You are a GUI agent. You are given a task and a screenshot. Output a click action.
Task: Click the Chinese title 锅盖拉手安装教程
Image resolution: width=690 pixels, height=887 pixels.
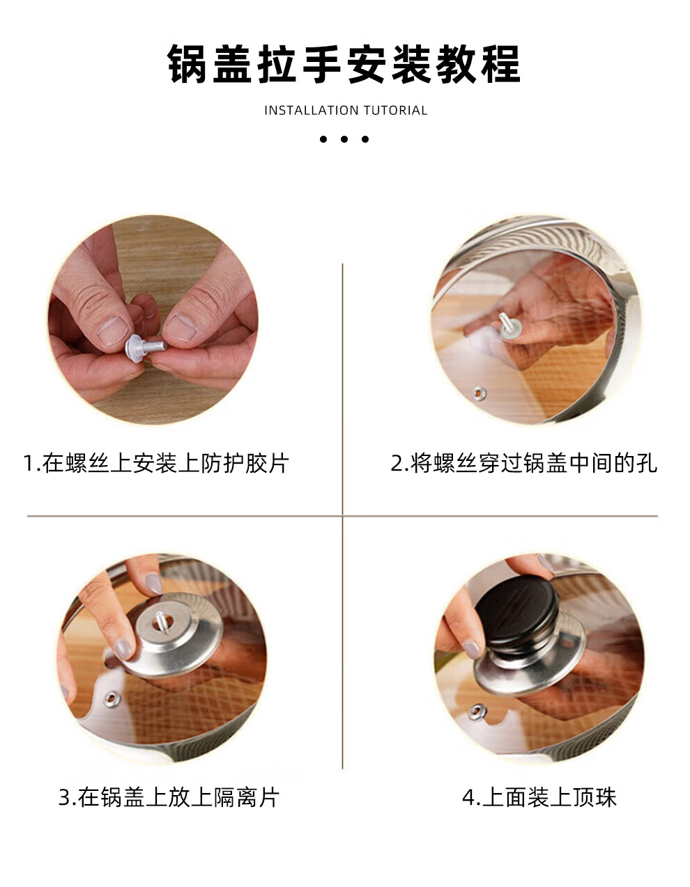pos(344,65)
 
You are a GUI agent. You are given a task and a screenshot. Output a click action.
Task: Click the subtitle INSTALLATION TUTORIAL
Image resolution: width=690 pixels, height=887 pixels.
pos(346,111)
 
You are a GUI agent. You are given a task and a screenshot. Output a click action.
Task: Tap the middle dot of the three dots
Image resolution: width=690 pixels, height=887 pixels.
pos(344,139)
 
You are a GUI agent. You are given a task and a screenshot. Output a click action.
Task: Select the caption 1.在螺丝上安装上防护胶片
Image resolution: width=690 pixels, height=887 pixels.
pos(156,463)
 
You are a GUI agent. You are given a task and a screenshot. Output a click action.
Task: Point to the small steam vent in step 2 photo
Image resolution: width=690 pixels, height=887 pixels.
pos(478,393)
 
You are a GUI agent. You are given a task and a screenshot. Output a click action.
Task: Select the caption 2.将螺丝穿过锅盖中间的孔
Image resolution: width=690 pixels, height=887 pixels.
pos(523,463)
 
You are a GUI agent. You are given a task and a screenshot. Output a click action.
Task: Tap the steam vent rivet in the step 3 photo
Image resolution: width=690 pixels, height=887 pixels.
pos(111,700)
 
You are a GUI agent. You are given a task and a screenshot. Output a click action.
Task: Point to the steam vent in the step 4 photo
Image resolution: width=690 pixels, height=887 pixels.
pos(477,712)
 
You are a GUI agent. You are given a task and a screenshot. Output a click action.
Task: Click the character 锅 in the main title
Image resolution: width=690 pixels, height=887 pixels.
pos(187,65)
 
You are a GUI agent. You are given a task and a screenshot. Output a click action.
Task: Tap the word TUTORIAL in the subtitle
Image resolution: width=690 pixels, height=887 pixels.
pos(395,111)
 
